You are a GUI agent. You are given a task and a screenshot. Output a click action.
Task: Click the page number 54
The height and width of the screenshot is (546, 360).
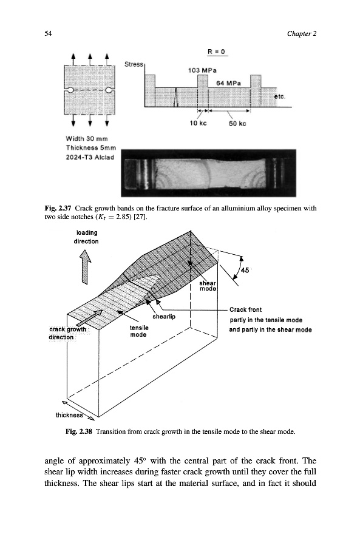pos(48,33)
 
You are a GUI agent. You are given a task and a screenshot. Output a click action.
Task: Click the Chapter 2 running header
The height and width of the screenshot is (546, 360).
pos(302,33)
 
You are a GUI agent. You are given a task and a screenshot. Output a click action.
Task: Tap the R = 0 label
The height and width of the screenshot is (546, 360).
pos(216,52)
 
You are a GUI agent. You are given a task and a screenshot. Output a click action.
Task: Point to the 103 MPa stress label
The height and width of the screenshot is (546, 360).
pos(202,70)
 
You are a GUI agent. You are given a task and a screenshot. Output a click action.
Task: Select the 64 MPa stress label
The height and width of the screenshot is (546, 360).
pos(228,83)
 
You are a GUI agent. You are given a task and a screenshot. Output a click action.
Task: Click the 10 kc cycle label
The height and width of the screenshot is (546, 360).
pos(198,123)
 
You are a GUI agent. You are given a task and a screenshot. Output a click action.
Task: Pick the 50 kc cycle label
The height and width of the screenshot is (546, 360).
pos(237,124)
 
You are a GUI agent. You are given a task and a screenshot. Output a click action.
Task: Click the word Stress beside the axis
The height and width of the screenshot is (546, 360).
pos(134,64)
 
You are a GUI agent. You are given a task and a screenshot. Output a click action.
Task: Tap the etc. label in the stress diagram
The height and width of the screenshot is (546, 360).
pos(279,96)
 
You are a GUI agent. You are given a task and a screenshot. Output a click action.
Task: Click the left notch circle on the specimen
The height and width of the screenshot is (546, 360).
pos(70,90)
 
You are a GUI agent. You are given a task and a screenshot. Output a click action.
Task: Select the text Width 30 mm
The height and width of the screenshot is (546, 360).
pos(87,138)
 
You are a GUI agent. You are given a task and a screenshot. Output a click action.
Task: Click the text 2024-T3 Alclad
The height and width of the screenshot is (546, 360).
pos(90,157)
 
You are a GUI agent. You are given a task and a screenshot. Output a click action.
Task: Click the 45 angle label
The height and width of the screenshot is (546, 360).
pos(245,270)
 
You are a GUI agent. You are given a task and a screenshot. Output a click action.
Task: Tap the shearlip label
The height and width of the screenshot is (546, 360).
pos(164,317)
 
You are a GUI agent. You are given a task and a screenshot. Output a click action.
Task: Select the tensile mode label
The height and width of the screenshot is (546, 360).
pos(138,331)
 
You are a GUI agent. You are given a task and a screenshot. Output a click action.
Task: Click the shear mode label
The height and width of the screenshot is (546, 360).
pos(208,286)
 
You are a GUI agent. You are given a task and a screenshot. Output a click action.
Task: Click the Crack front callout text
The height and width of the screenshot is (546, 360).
pos(245,309)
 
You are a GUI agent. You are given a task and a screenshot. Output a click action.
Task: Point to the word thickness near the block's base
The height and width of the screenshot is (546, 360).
pos(69,415)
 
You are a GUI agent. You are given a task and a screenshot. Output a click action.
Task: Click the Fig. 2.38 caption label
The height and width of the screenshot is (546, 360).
pos(79,431)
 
